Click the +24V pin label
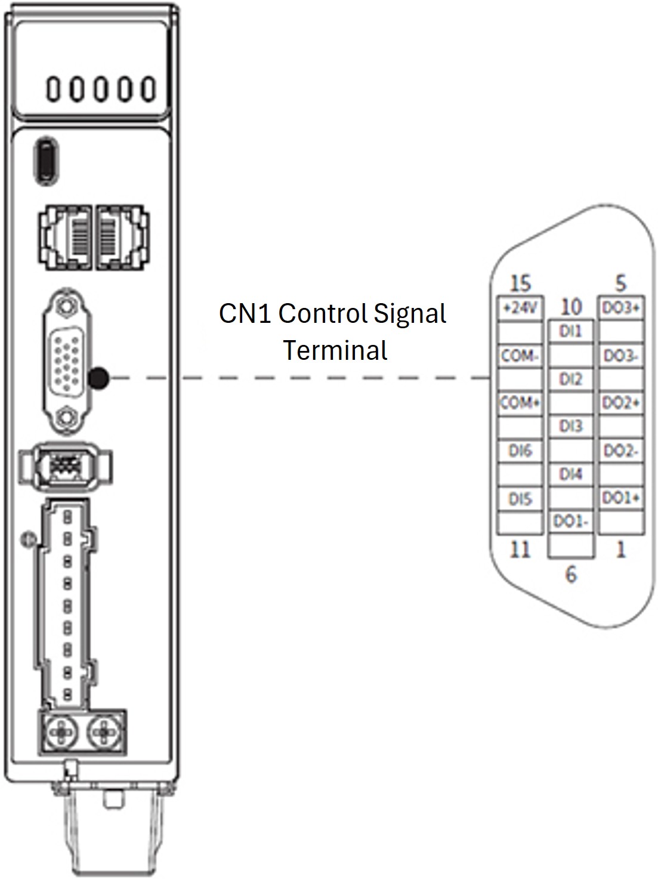[520, 309]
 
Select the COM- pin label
[520, 356]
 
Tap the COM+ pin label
[520, 403]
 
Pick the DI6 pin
[520, 451]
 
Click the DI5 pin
[520, 499]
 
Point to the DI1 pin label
[571, 331]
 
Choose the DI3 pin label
[571, 426]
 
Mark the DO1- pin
[571, 522]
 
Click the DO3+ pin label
[621, 309]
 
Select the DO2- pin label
[621, 451]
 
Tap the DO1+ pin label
[621, 498]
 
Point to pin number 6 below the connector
[571, 574]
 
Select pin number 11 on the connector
[520, 549]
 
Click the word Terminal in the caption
[335, 350]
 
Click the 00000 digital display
[101, 90]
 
